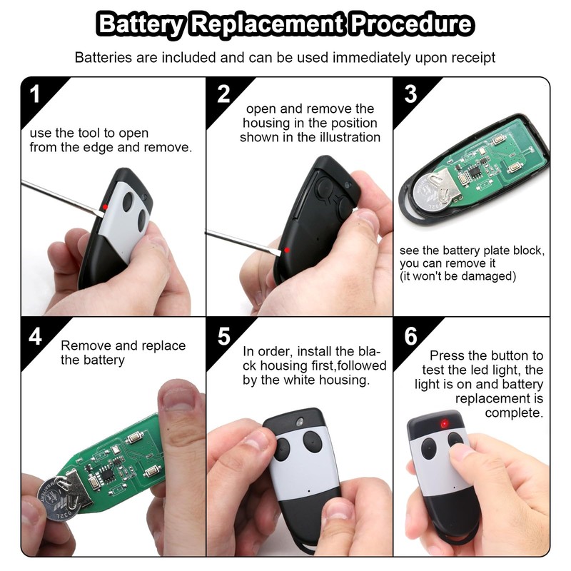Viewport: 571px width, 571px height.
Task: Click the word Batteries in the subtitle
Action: [104, 57]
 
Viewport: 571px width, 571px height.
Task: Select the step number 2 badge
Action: [223, 94]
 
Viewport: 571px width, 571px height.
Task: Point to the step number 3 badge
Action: [410, 94]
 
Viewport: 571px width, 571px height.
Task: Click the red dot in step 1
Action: [106, 206]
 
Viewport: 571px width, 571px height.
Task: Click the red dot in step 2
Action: [287, 249]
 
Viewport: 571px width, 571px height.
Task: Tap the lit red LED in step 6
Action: [444, 424]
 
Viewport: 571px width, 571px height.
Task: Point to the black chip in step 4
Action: [107, 468]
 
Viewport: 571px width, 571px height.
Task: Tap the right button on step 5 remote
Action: [313, 442]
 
